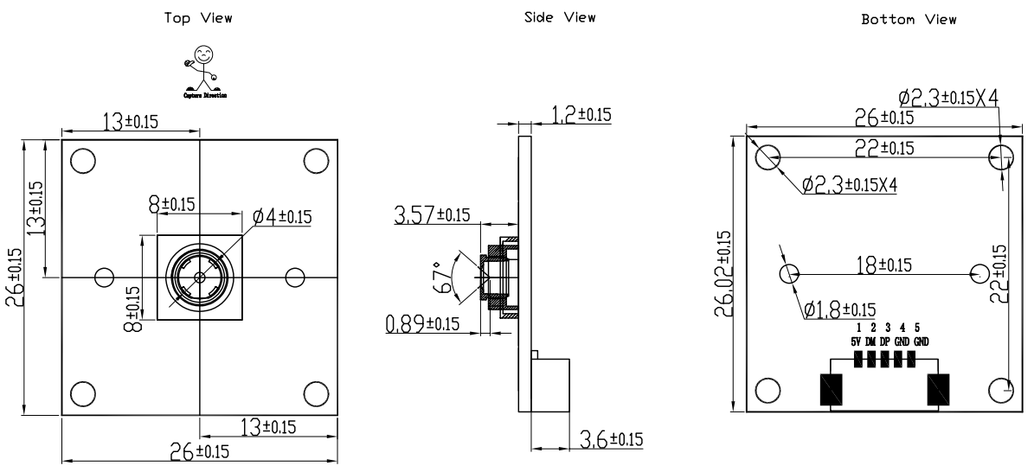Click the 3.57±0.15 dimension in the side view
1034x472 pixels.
434,215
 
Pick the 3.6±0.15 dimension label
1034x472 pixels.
611,439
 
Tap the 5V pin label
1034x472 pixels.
856,342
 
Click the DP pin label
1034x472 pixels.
886,342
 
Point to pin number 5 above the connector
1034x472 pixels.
917,328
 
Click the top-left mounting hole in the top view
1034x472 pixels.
83,161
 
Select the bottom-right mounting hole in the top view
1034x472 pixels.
316,392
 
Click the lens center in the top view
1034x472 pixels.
200,277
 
